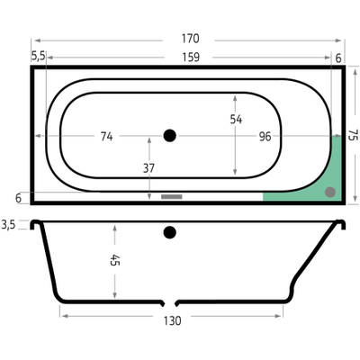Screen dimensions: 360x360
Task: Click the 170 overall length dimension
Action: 189,39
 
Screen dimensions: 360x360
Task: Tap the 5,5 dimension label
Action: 38,56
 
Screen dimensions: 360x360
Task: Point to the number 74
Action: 106,136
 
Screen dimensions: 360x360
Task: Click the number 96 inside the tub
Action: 265,136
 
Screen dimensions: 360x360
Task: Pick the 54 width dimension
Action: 237,118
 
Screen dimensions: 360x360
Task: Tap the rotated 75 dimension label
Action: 352,136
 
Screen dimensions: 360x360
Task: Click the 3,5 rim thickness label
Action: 10,223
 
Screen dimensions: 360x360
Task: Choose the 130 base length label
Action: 173,320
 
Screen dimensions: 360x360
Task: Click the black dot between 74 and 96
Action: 170,136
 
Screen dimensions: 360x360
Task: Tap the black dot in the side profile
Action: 169,233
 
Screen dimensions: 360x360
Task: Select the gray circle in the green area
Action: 329,191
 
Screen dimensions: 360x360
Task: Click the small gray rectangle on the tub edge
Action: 171,195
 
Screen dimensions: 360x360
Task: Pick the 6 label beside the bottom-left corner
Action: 18,197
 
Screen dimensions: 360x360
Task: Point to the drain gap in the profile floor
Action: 169,301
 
